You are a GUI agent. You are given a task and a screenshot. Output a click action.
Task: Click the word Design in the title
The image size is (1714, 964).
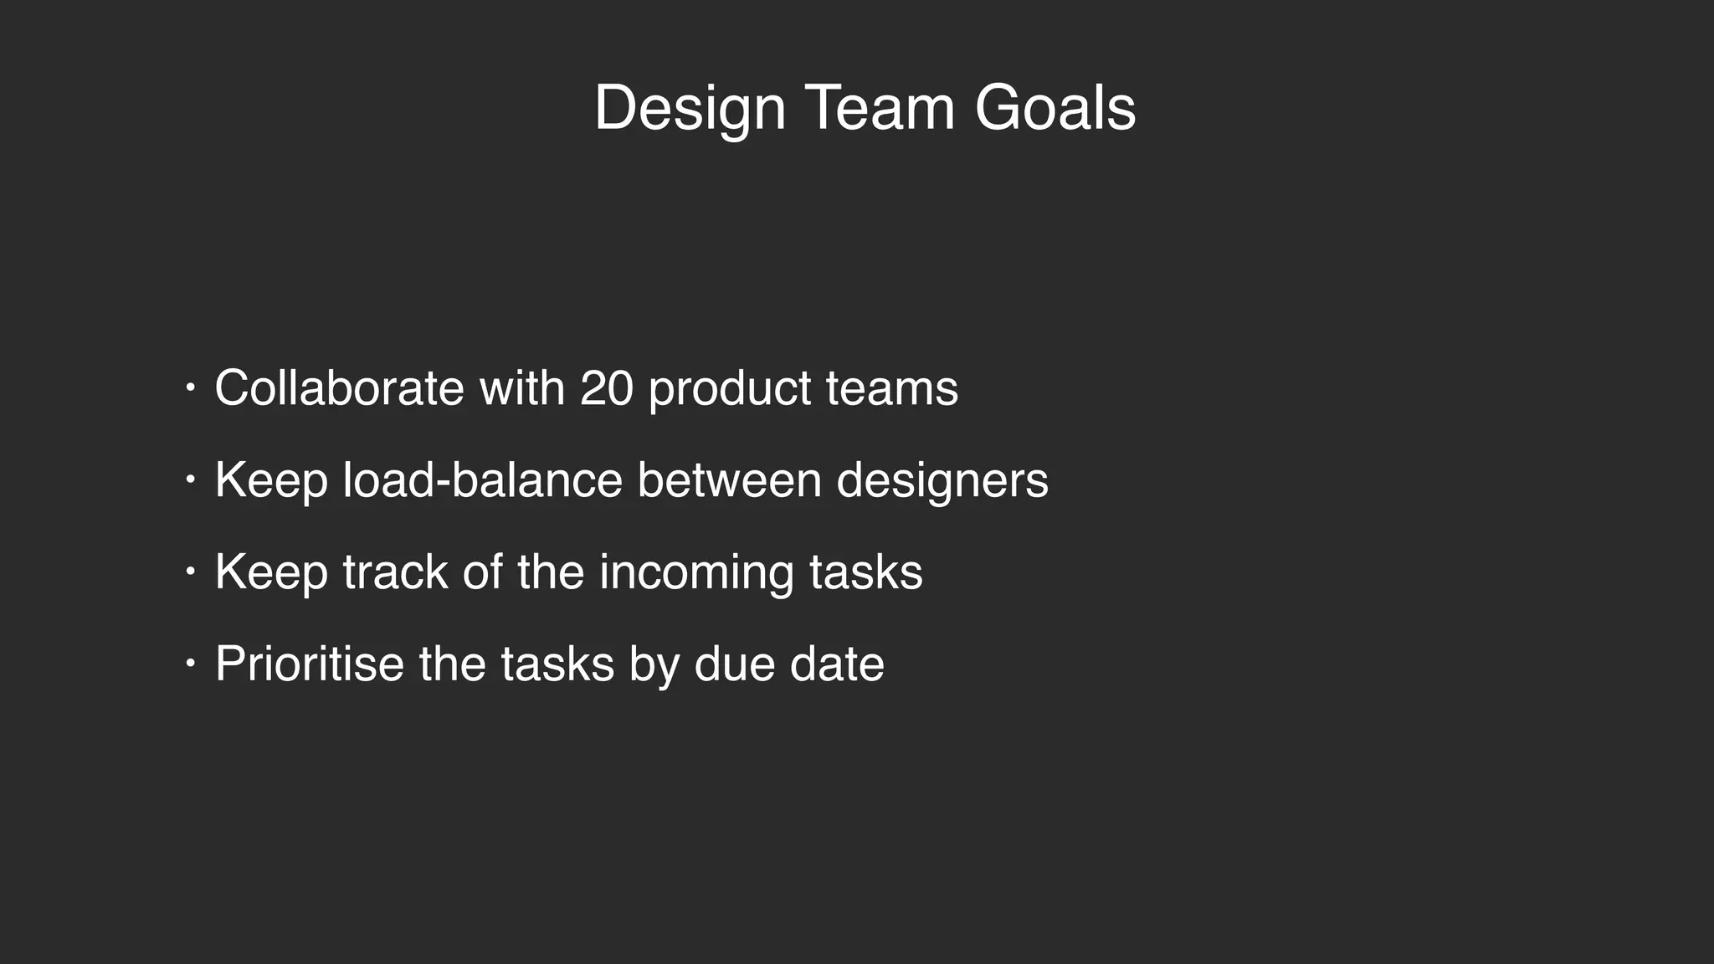(x=690, y=109)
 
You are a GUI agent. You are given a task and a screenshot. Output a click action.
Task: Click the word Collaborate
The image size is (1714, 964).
(x=339, y=388)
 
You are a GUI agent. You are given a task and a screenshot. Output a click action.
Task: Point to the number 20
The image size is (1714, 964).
(x=606, y=388)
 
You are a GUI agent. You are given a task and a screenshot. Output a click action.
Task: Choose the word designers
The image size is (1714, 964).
(x=942, y=482)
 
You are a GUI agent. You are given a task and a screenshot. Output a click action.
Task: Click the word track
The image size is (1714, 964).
(x=395, y=572)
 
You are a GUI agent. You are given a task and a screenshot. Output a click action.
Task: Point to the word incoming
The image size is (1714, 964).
(x=696, y=574)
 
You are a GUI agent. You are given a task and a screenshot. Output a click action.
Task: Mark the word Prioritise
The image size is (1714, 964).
(x=310, y=664)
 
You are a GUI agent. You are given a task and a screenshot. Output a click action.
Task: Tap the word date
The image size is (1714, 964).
(x=837, y=664)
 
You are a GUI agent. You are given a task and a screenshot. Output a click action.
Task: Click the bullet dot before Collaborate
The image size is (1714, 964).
(x=191, y=388)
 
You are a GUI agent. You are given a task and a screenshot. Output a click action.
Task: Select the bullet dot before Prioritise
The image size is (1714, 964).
(x=191, y=664)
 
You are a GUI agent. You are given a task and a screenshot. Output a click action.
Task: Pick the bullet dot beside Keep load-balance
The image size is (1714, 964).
(x=191, y=480)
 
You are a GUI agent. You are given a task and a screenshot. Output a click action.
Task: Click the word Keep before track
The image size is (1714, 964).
(x=271, y=574)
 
